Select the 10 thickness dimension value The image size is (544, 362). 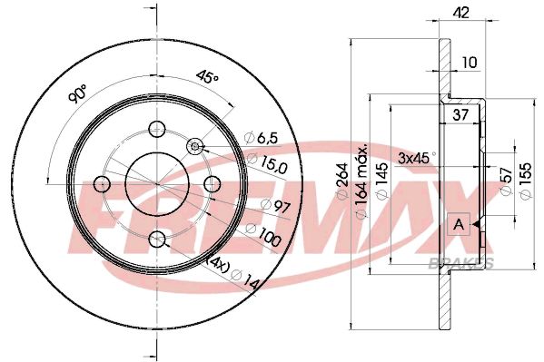[x=469, y=62]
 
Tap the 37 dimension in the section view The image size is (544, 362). [x=460, y=113]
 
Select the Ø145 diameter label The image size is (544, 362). [x=383, y=177]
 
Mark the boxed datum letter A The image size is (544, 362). [x=459, y=223]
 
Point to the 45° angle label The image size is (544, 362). [x=208, y=78]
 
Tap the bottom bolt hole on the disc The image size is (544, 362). [x=157, y=240]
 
